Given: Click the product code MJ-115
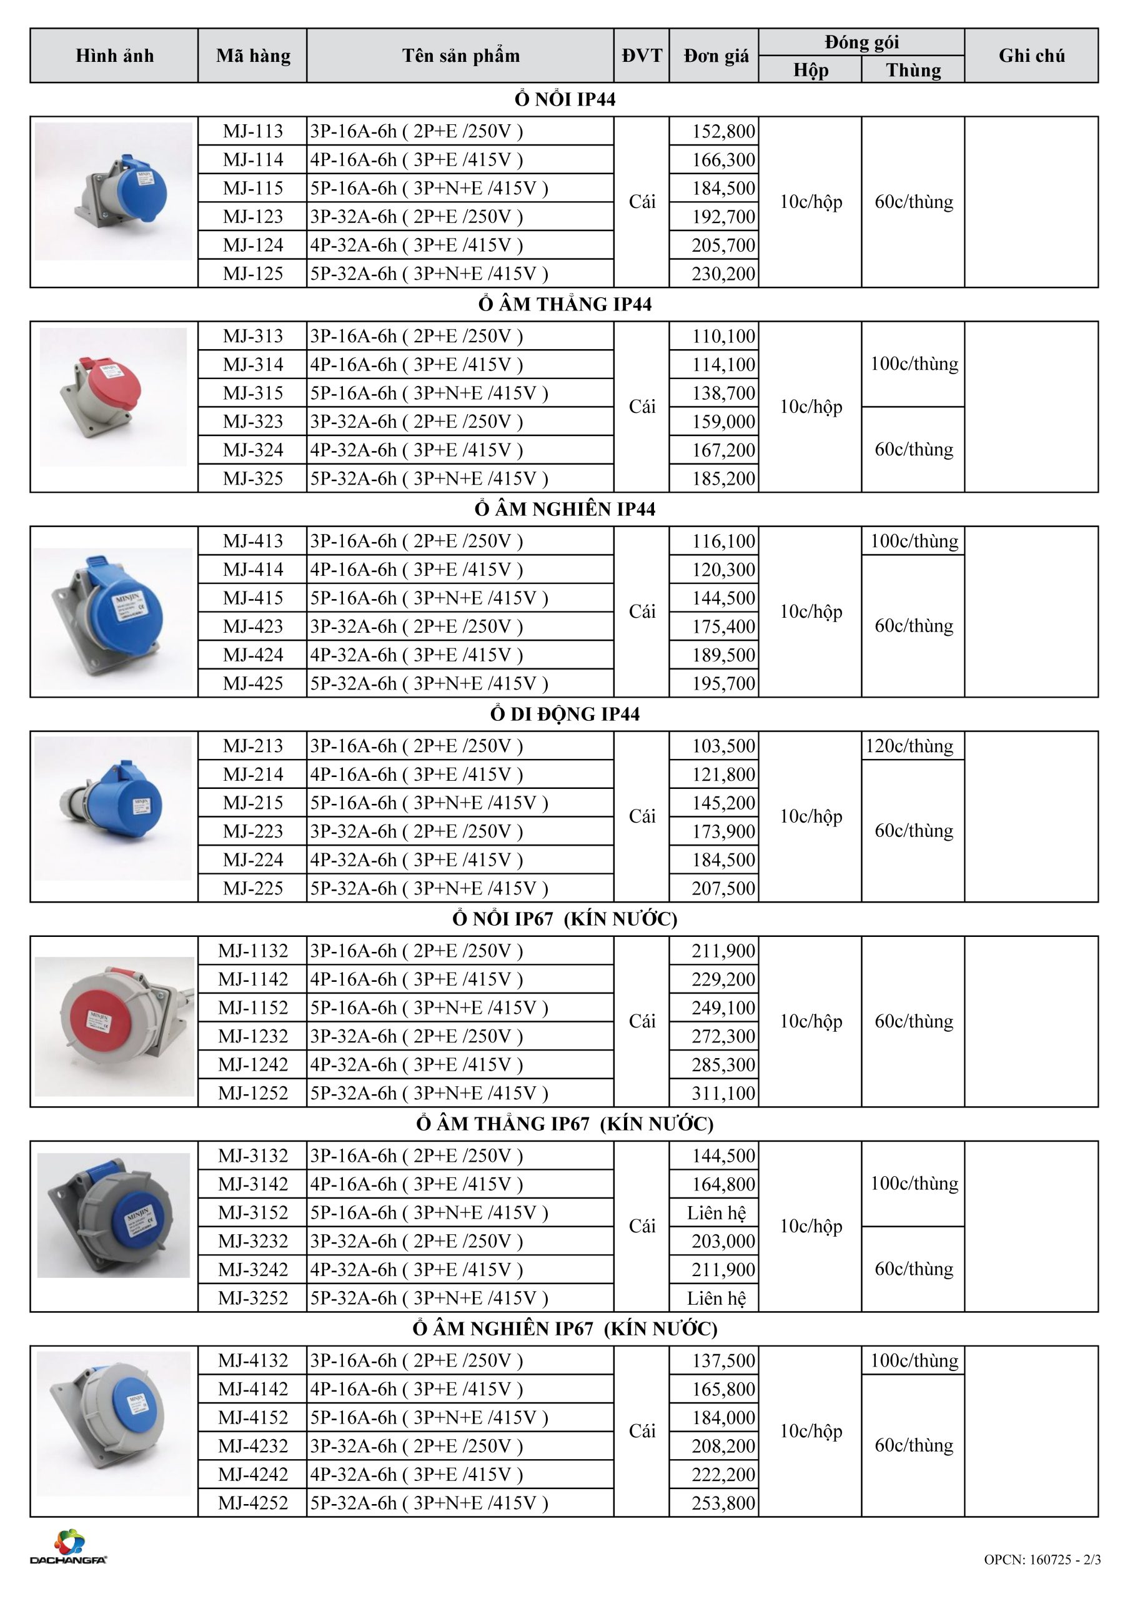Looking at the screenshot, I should (253, 188).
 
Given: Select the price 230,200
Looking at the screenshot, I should (723, 274).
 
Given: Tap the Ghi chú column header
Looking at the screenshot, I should (1031, 56).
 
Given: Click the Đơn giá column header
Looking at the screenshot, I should (715, 56).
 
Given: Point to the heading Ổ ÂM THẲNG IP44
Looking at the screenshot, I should (564, 304).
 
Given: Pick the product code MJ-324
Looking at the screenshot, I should (253, 450).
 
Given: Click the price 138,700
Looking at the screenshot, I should (723, 394).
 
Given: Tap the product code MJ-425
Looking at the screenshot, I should (253, 683).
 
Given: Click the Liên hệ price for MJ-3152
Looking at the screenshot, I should (716, 1213).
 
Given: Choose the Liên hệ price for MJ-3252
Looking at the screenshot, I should (716, 1298).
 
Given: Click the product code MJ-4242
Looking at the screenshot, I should (253, 1474).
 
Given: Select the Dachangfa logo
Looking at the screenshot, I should (68, 1547).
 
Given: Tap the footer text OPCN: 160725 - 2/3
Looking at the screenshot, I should (1041, 1559).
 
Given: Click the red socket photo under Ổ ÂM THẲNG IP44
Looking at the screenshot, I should (113, 397).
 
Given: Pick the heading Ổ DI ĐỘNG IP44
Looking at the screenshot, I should (564, 714).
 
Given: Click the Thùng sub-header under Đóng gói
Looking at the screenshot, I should (913, 71).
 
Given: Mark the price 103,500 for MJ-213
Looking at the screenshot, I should (723, 746).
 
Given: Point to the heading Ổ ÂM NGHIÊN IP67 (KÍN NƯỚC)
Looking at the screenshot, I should (564, 1329).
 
